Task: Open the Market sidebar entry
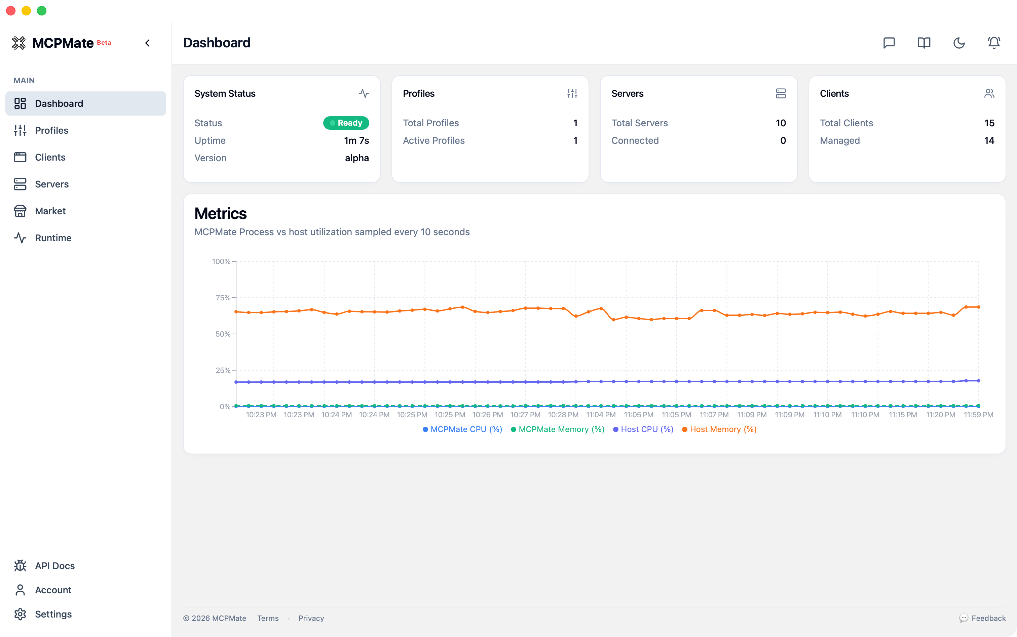[x=50, y=211]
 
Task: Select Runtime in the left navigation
[x=53, y=238]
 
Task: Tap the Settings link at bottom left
[x=53, y=614]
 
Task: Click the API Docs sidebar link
[x=54, y=565]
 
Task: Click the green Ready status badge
[x=346, y=123]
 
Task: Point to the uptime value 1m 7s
[x=356, y=141]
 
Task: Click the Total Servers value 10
[x=781, y=123]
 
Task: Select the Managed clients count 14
[x=989, y=141]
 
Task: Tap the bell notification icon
[x=994, y=43]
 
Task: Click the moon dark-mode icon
[x=959, y=43]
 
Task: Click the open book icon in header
[x=924, y=43]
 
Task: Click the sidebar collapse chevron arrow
[x=148, y=43]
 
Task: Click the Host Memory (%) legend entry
[x=719, y=429]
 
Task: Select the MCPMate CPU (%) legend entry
[x=462, y=429]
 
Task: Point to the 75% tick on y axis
[x=223, y=298]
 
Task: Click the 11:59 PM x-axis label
[x=978, y=415]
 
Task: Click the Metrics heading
[x=221, y=214]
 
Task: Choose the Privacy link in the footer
[x=311, y=618]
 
